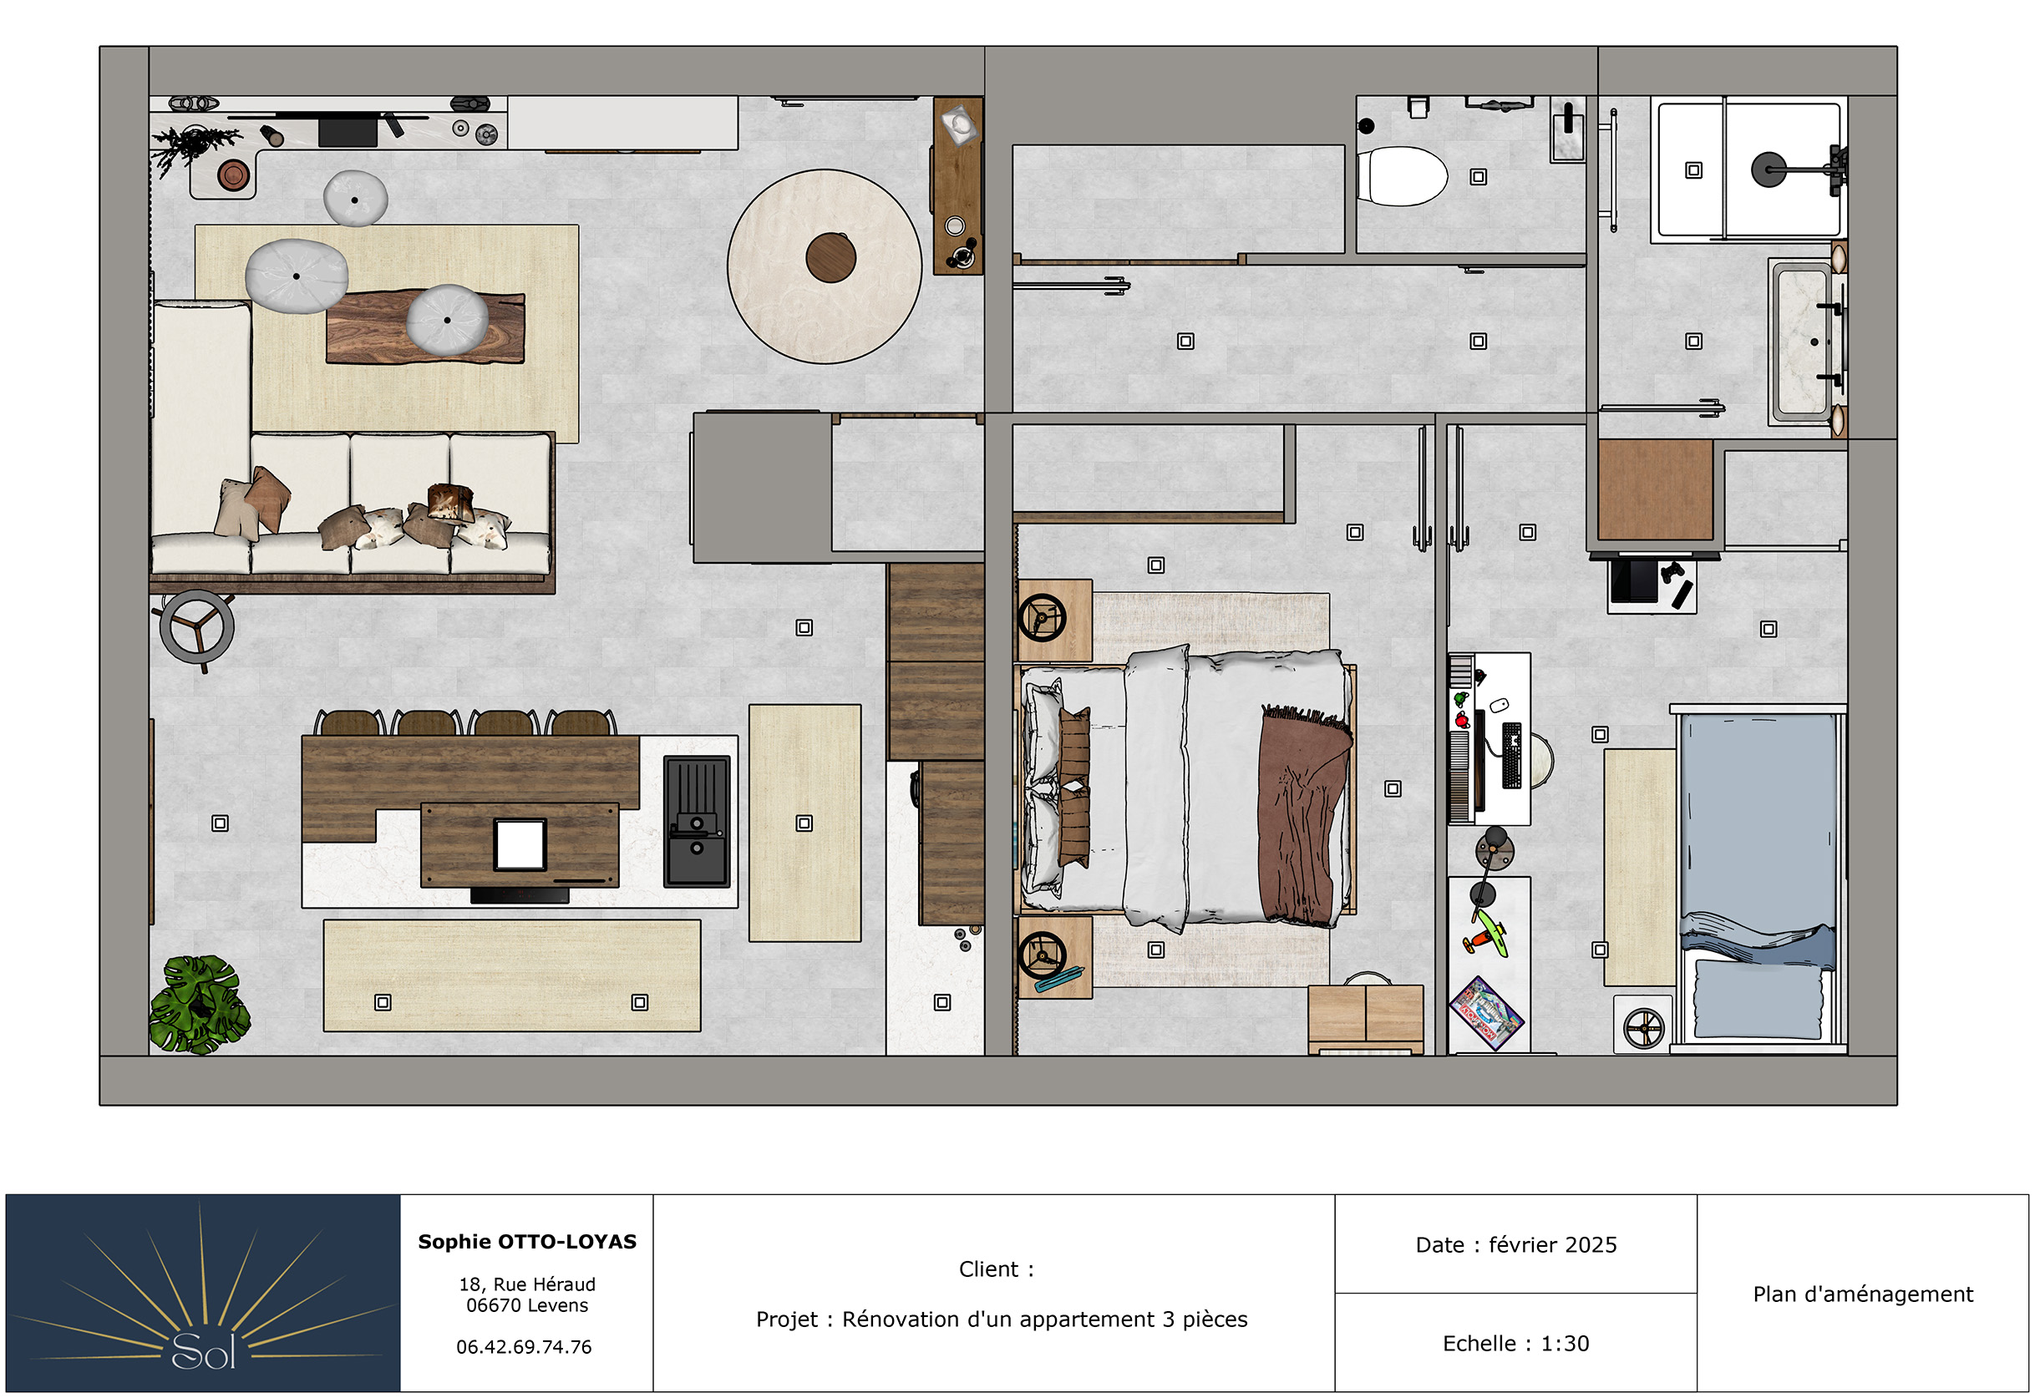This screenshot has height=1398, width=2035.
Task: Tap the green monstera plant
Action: tap(200, 1005)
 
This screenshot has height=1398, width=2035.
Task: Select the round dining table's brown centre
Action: tap(830, 257)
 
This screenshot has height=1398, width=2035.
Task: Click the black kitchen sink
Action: tap(697, 822)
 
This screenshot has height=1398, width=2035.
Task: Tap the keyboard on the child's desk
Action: tap(1512, 755)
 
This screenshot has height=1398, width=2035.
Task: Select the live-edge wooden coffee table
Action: tap(426, 327)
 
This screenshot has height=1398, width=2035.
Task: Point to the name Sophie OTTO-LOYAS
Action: tap(527, 1241)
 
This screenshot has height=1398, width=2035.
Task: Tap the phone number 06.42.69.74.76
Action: tap(524, 1346)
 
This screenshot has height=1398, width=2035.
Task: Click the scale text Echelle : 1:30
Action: tap(1515, 1343)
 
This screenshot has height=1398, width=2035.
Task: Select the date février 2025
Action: tap(1552, 1244)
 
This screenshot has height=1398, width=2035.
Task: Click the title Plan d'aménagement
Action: tap(1862, 1294)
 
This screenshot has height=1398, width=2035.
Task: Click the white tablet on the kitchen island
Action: tap(520, 844)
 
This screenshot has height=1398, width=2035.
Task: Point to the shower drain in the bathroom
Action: tap(1693, 170)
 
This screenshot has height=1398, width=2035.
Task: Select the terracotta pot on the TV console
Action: tap(233, 175)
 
